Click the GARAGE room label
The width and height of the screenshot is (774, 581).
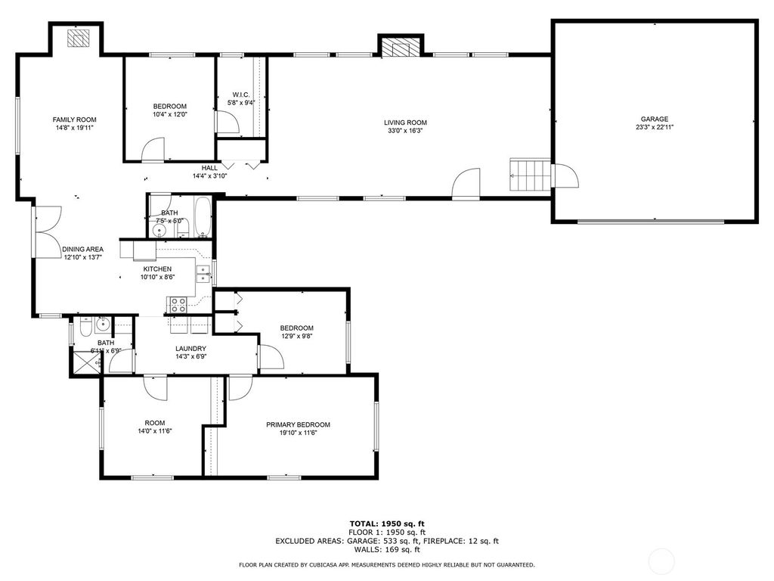click(654, 119)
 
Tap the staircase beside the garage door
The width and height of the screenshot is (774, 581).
click(529, 175)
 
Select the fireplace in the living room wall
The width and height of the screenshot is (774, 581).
click(397, 48)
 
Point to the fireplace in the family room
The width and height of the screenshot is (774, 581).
click(77, 37)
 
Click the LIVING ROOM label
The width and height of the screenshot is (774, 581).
click(405, 123)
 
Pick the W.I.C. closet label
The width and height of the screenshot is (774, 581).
click(241, 95)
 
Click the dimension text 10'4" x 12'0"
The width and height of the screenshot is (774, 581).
click(169, 115)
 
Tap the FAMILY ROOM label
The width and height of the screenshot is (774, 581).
click(74, 120)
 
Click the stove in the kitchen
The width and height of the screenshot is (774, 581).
click(178, 305)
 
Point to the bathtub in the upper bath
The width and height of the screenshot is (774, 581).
click(203, 217)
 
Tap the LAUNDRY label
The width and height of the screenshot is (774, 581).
click(190, 349)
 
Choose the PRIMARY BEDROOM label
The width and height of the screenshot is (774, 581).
click(298, 424)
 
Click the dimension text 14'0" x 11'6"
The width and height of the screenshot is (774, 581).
click(155, 431)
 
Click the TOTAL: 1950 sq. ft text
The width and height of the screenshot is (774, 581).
click(386, 524)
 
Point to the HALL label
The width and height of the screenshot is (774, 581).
click(209, 167)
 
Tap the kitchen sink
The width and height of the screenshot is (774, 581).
click(203, 273)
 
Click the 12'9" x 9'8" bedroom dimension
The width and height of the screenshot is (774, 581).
click(296, 337)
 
